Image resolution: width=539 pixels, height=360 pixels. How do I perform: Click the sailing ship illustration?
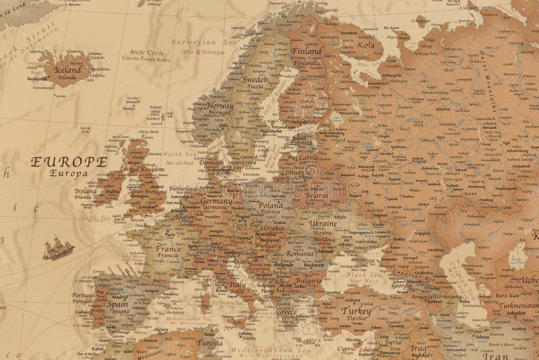point(59,249)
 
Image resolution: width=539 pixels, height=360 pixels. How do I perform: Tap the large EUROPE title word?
point(68,162)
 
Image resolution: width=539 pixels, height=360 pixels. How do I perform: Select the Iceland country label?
point(67,69)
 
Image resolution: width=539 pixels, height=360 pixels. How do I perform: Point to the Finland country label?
point(307,51)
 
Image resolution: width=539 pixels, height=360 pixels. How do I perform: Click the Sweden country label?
point(255,80)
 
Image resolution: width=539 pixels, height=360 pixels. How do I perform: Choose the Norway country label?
point(221,106)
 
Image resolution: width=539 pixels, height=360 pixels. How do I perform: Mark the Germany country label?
point(216,202)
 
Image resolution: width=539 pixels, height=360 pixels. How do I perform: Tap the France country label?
point(168,249)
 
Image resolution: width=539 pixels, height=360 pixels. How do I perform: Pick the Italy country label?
point(237,285)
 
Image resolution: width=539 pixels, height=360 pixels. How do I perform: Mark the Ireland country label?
point(86,191)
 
